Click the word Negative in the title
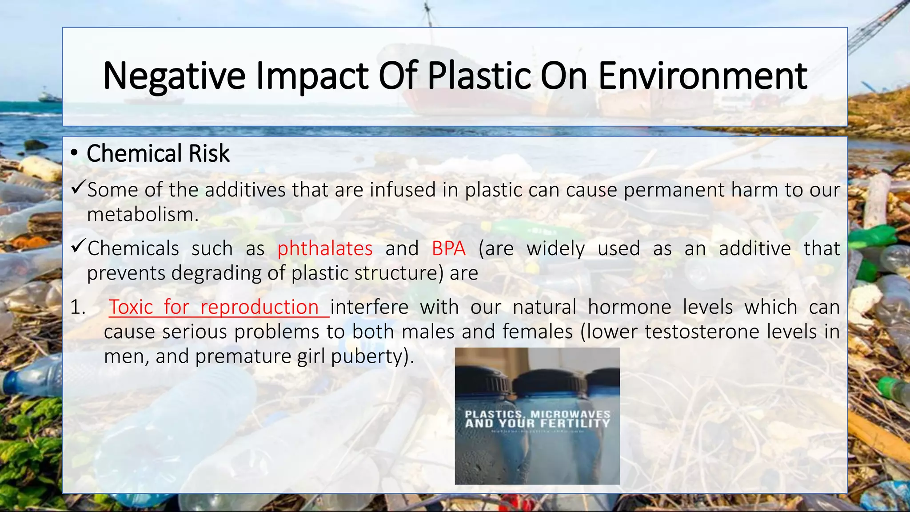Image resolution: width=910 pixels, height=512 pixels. pos(174,76)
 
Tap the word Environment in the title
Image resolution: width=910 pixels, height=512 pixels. pos(702,76)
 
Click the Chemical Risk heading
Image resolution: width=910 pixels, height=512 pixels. pos(158,153)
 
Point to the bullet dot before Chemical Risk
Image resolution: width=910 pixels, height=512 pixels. pos(74,153)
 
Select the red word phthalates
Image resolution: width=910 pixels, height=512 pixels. pos(325,248)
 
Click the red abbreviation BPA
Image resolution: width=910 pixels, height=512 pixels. pos(448,248)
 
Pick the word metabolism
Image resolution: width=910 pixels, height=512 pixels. pos(143,215)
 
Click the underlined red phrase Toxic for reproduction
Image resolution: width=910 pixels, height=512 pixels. pos(214,307)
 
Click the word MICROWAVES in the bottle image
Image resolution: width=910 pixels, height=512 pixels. pos(571,414)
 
